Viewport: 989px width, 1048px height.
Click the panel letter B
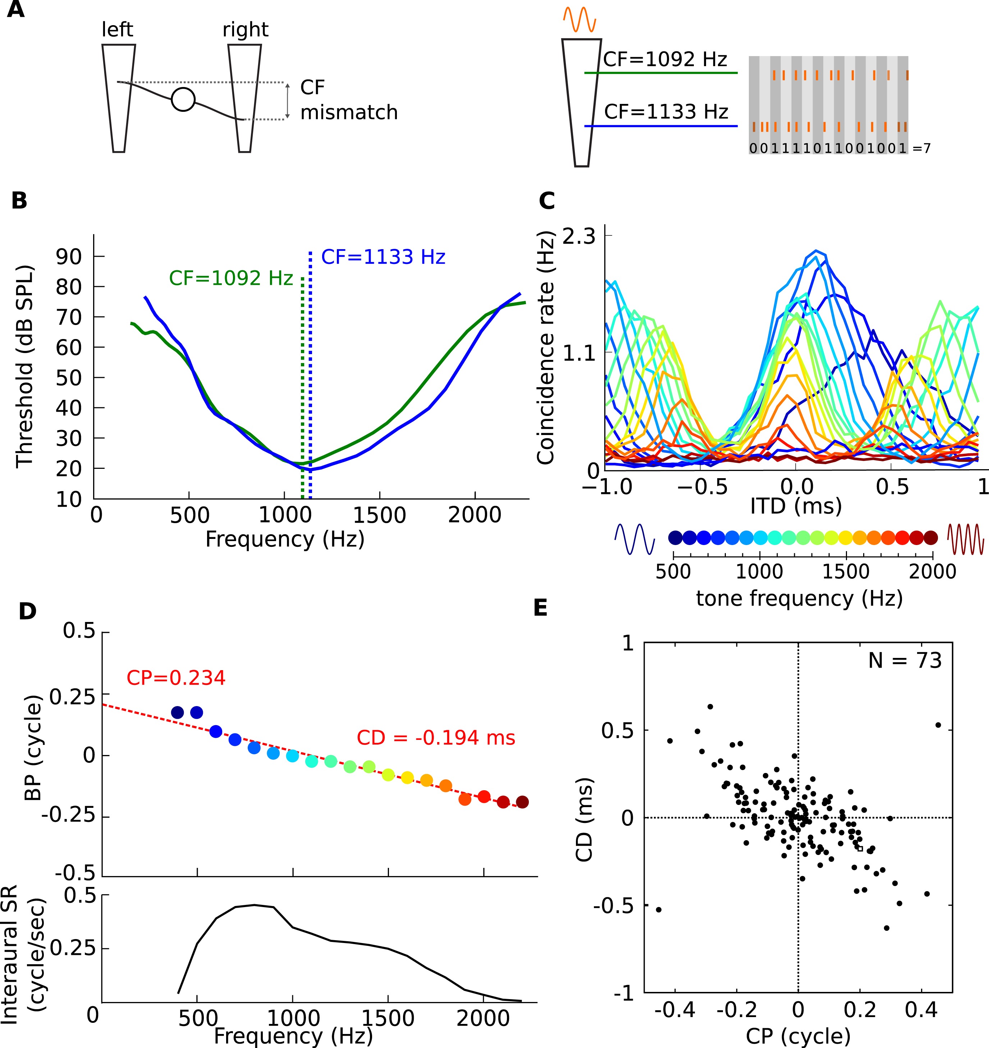(x=19, y=201)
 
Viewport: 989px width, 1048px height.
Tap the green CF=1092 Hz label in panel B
(x=230, y=278)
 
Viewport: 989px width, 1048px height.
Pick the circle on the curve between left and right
(x=183, y=99)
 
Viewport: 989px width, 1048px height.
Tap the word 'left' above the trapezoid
(x=118, y=29)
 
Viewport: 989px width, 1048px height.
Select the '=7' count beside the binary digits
(x=921, y=148)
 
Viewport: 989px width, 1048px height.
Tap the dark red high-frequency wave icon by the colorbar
(x=966, y=539)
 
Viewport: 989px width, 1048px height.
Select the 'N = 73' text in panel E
(x=905, y=660)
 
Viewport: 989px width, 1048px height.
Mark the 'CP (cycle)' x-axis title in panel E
(x=798, y=1036)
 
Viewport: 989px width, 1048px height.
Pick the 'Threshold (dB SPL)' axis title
(x=25, y=366)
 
